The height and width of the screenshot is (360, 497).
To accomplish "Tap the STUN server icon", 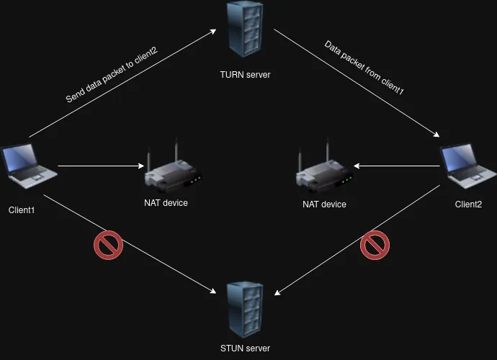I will click(x=244, y=310).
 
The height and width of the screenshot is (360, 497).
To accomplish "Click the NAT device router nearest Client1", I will click(x=171, y=172).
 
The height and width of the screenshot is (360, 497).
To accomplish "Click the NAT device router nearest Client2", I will click(x=323, y=172).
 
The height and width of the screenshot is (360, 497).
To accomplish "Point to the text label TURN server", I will click(x=245, y=74).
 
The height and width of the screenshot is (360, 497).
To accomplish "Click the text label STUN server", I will click(x=245, y=348).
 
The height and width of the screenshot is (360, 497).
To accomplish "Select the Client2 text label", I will click(x=468, y=204).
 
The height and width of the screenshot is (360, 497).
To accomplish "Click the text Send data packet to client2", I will click(x=112, y=76).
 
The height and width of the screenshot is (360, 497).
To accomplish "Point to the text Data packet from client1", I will click(x=364, y=69).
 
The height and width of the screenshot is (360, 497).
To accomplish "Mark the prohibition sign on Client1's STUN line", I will click(x=108, y=245).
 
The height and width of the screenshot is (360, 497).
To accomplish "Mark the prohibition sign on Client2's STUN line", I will click(x=375, y=245).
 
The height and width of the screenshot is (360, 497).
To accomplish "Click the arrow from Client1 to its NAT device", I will click(x=101, y=166).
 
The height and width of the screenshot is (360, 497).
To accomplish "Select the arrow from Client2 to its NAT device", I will click(x=396, y=166).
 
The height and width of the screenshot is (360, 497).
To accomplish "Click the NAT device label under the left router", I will click(x=166, y=203).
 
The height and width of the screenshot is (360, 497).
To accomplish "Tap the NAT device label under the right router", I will click(x=324, y=204).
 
